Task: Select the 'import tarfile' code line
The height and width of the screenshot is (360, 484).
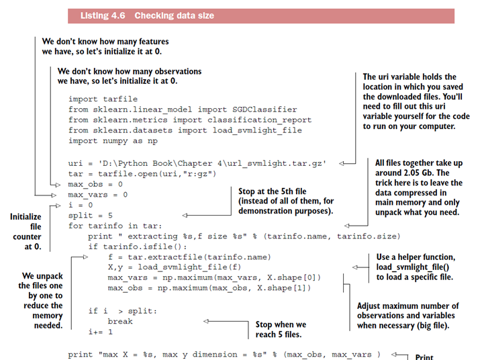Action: (x=102, y=99)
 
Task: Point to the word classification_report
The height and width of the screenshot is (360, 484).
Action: (x=257, y=120)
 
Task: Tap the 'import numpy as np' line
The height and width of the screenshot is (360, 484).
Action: (x=113, y=141)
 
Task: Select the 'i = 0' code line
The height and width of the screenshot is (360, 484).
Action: (x=81, y=205)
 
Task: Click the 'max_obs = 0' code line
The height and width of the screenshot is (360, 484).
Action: (x=95, y=183)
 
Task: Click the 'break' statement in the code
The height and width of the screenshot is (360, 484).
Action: (x=120, y=321)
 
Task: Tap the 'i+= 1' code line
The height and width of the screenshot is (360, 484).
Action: (x=100, y=332)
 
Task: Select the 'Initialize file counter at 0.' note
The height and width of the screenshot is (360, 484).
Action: (x=26, y=232)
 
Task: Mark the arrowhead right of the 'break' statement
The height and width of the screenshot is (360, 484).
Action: (x=208, y=321)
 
